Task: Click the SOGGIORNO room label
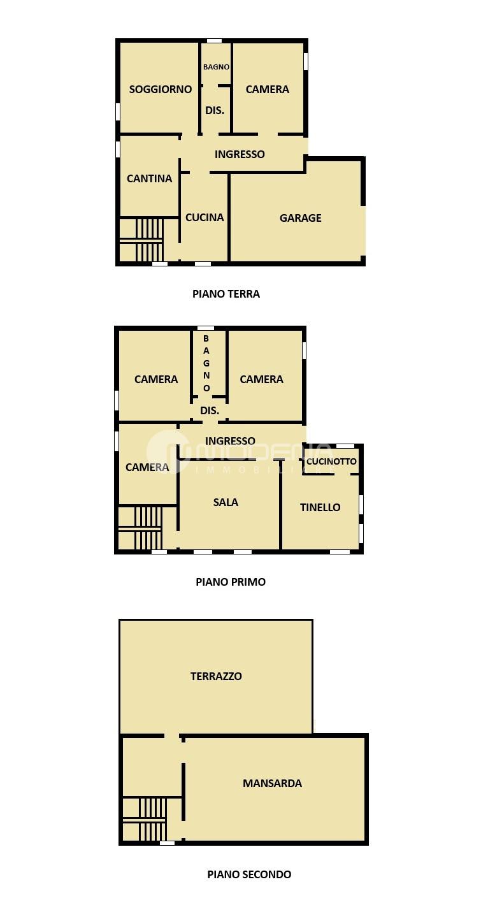tap(161, 89)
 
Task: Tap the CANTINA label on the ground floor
tap(150, 178)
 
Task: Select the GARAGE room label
tap(301, 218)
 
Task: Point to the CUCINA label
tap(205, 217)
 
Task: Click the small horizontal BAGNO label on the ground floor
tap(216, 67)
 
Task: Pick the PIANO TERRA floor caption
tap(226, 294)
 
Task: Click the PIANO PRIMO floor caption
tap(231, 582)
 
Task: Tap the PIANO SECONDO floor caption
tap(249, 874)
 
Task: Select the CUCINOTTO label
tap(331, 461)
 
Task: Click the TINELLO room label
tap(320, 507)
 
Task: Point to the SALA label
tap(226, 503)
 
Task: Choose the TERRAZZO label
tap(216, 676)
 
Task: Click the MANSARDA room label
tap(272, 783)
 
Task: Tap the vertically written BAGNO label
tap(206, 363)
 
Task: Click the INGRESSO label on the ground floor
tap(240, 154)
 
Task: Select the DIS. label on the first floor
tap(210, 411)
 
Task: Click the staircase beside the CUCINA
tap(141, 240)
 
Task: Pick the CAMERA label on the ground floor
tap(268, 89)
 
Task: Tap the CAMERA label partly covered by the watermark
tap(147, 467)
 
